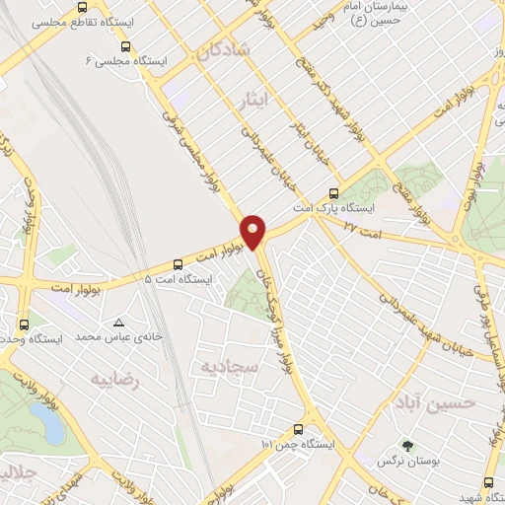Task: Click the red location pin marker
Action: coord(253,231)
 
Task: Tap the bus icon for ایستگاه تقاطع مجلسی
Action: coord(125,46)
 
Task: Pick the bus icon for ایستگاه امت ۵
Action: coord(178,263)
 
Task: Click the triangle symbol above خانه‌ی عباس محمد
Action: coord(119,323)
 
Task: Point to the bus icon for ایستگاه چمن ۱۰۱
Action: coord(299,428)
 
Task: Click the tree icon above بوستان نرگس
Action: coord(403,445)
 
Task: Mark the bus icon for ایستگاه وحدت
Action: coord(25,323)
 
